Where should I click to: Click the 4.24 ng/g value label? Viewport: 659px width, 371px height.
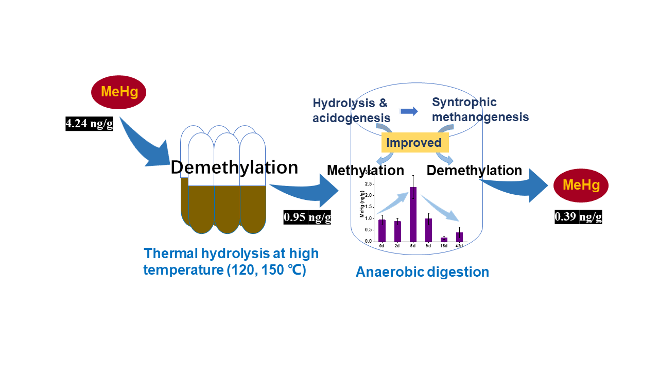coord(89,124)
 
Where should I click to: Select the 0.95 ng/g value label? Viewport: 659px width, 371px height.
coord(307,217)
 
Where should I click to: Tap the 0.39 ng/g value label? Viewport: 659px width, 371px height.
coord(578,217)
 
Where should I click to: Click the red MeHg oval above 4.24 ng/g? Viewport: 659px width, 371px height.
coord(118,93)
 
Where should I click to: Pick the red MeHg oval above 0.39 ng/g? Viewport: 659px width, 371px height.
coord(581,185)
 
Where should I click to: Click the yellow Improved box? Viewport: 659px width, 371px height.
coord(414,142)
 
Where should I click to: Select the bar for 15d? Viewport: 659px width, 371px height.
coord(444,239)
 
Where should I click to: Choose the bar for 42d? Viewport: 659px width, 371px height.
coord(459,237)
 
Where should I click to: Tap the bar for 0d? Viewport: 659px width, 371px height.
coord(381,230)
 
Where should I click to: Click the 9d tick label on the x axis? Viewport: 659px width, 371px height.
coord(428,246)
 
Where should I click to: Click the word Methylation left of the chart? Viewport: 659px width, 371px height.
coord(365,170)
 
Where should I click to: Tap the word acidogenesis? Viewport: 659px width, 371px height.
coord(351,119)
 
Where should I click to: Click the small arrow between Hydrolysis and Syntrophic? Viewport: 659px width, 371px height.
coord(409,111)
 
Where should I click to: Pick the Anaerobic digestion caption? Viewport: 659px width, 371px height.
coord(422,272)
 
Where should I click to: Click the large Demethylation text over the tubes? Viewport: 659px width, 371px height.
coord(234,167)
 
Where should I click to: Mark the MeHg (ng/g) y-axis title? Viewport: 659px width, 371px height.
coord(362,204)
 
